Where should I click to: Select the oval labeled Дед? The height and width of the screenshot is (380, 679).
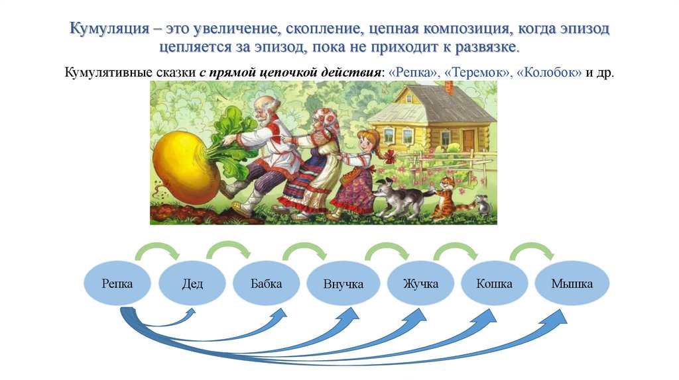click(192, 285)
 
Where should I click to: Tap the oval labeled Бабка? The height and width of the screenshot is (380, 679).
click(267, 284)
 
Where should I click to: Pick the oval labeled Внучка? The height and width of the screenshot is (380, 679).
click(343, 285)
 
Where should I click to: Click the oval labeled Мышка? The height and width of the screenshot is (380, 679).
click(572, 284)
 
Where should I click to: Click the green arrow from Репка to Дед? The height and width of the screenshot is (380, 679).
click(157, 250)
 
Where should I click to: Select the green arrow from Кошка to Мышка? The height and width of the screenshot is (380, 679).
click(532, 250)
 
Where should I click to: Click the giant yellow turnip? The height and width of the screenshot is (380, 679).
click(185, 166)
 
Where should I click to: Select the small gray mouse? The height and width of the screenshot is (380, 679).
click(483, 206)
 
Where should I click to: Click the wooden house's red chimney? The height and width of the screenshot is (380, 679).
click(450, 87)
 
